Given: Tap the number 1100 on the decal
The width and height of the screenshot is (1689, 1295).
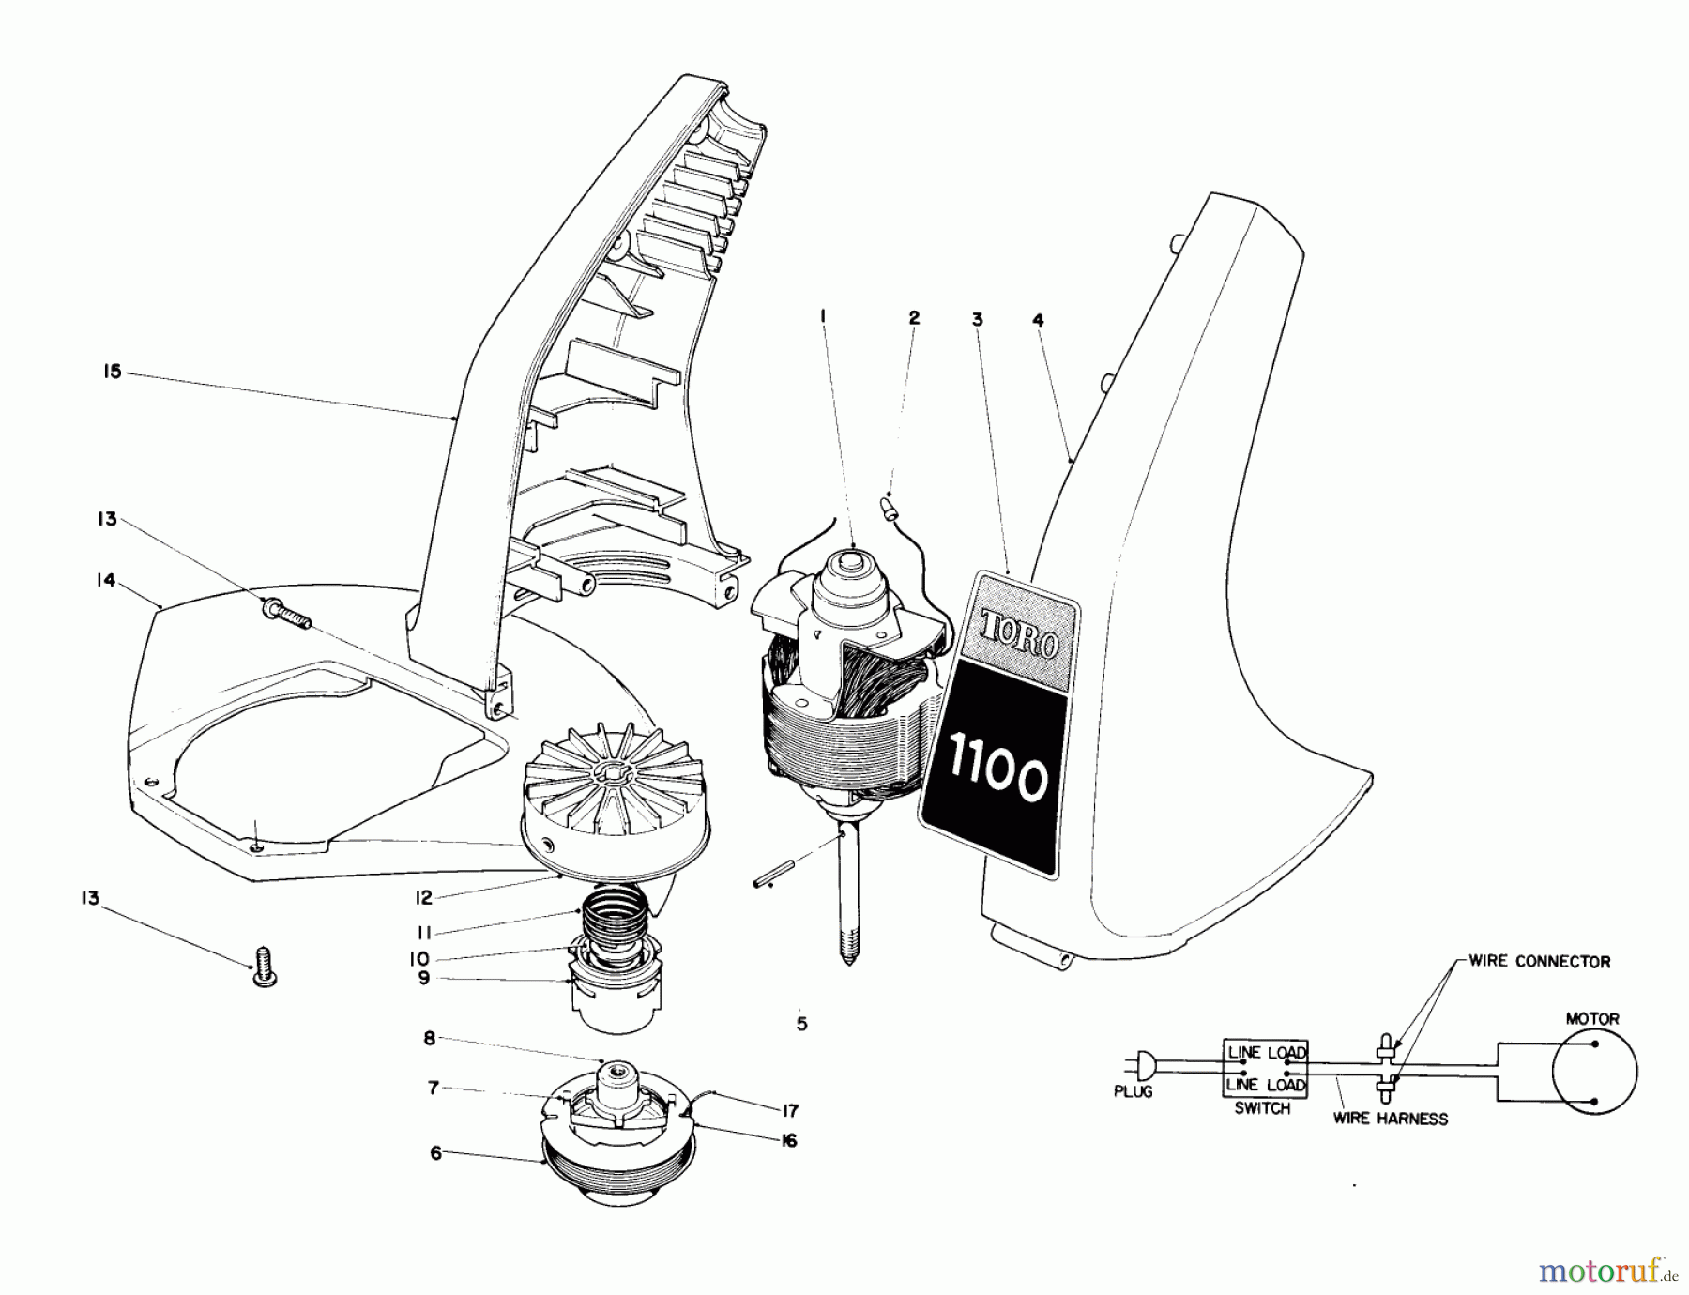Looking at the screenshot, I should click(997, 776).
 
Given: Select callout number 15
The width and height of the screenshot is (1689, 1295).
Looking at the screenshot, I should click(113, 372).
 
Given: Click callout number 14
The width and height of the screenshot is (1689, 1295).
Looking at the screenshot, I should click(105, 581).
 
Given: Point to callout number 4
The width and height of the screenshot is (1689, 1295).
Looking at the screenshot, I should click(1038, 320).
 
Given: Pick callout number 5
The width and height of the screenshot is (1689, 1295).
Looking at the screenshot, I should click(801, 1024).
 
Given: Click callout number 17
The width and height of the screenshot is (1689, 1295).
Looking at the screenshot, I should click(790, 1111).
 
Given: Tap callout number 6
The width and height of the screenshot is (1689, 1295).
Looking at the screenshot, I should click(435, 1153).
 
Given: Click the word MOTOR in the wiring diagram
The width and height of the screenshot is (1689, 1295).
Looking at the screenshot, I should click(1592, 1018).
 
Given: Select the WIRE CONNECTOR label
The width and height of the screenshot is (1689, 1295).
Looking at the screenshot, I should click(1539, 962).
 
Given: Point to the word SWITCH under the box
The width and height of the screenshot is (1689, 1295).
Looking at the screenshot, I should click(1262, 1108).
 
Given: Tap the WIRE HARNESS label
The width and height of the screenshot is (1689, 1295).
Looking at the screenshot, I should click(1390, 1119).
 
